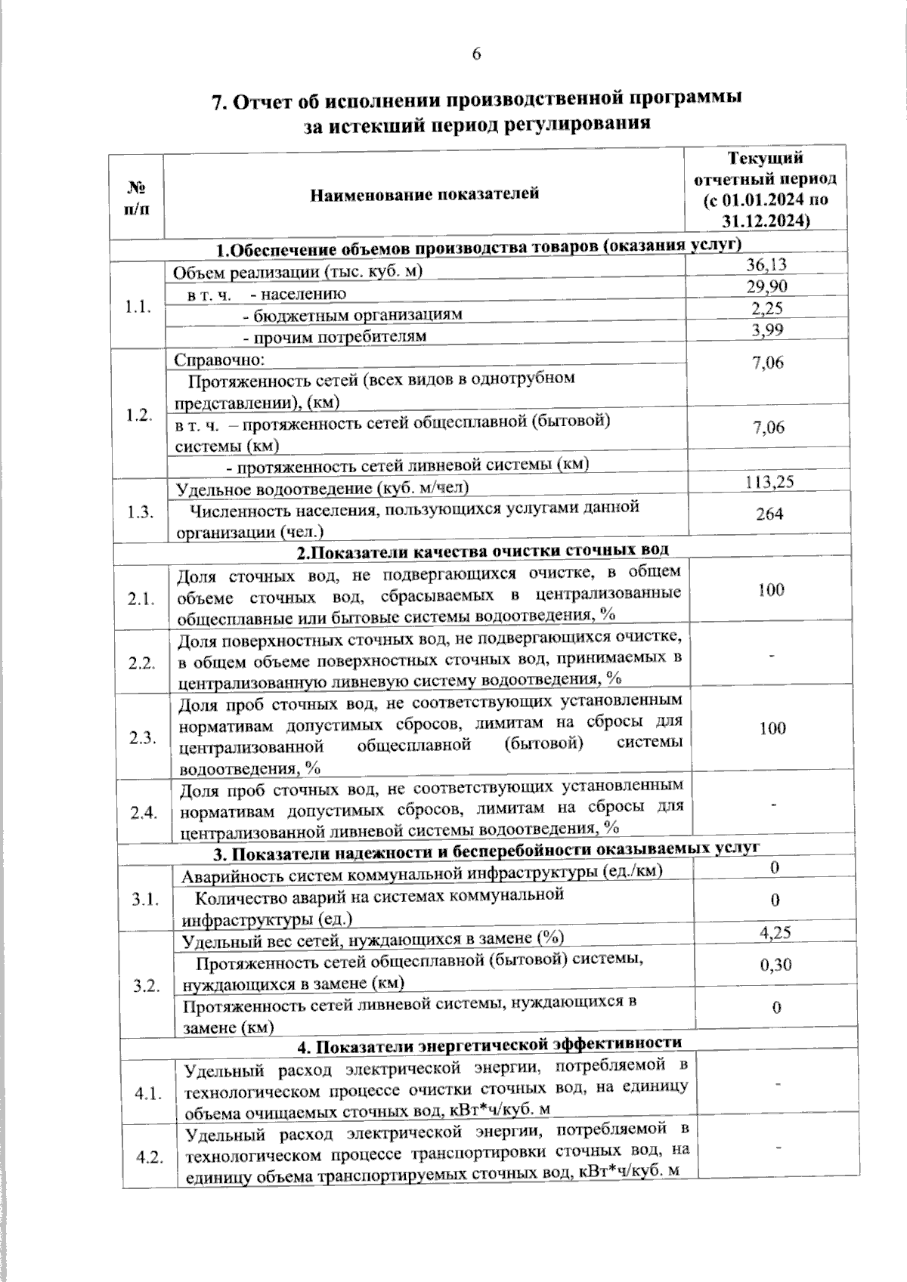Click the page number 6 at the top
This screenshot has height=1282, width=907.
476,54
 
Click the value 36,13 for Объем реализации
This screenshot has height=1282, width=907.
766,264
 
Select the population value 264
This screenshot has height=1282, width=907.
769,514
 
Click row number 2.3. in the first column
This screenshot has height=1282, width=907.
142,738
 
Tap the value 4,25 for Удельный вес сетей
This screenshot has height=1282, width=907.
775,933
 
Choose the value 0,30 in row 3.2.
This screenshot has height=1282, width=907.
775,965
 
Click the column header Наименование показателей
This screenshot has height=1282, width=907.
424,194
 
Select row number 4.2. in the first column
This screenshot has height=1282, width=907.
148,1158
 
